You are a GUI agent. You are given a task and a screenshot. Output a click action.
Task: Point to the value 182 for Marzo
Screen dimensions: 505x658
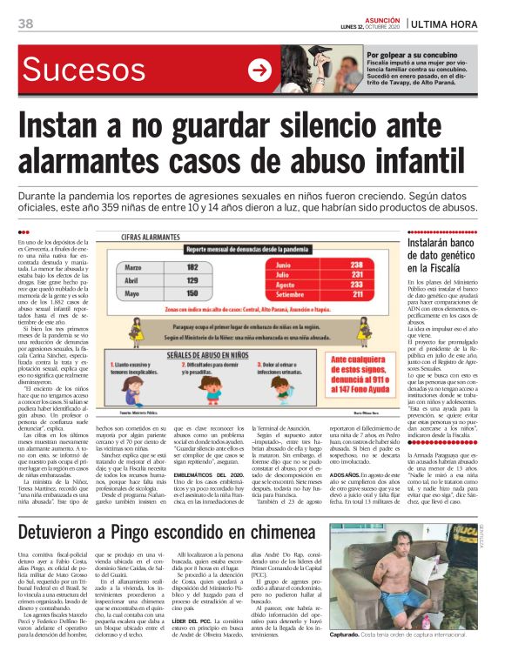point(193,267)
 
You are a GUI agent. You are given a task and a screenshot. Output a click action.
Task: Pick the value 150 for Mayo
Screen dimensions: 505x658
point(193,295)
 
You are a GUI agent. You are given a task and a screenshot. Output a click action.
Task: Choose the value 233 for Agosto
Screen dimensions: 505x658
point(355,285)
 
